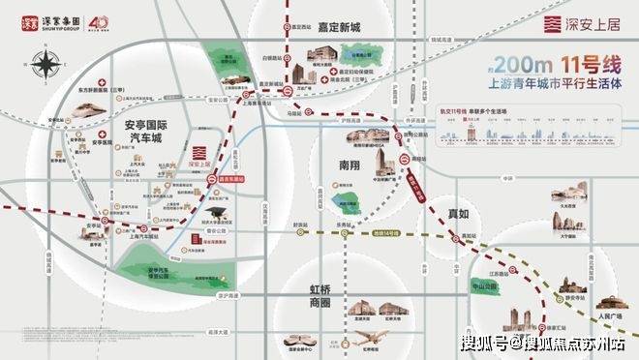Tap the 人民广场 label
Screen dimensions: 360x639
[606, 315]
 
